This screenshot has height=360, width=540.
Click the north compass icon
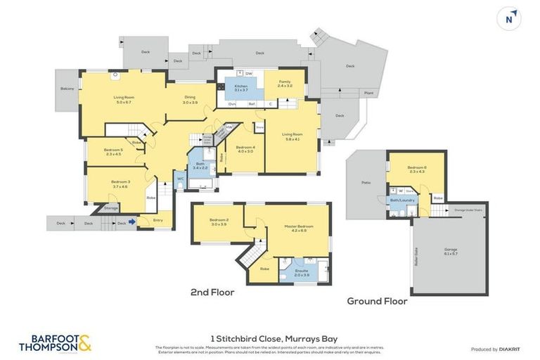pos(508,19)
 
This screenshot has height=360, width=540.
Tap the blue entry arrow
pos(132,223)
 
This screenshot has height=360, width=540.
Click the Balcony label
pos(67,89)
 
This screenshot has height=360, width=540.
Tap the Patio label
pos(366,183)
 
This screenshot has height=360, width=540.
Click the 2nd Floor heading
pos(212,292)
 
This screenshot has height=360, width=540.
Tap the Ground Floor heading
pos(377,301)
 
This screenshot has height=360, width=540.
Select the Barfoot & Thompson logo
pos(55,342)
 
